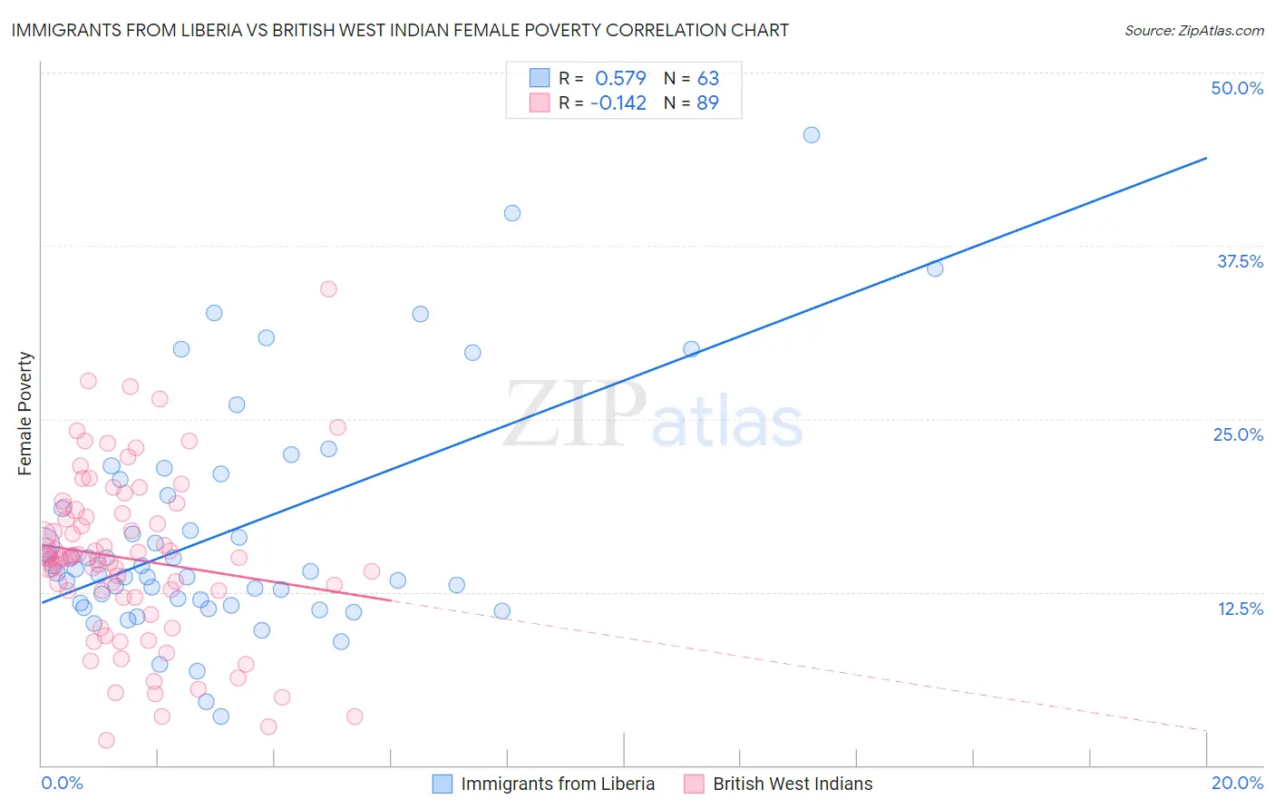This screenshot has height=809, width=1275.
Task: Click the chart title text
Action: pyautogui.click(x=400, y=30)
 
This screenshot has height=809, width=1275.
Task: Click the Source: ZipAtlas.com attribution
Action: pyautogui.click(x=1193, y=30)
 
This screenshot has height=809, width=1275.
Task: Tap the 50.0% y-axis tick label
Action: pyautogui.click(x=1237, y=88)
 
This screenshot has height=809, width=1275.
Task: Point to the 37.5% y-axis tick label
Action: pyautogui.click(x=1240, y=261)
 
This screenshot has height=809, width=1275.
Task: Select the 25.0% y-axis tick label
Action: pyautogui.click(x=1238, y=434)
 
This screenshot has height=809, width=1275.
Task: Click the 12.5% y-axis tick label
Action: pyautogui.click(x=1240, y=609)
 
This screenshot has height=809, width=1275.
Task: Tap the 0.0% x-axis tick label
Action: pyautogui.click(x=62, y=783)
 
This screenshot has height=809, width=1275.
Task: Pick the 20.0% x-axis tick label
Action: pyautogui.click(x=1237, y=783)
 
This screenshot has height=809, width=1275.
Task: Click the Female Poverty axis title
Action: pyautogui.click(x=25, y=414)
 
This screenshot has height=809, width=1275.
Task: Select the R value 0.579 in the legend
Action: pyautogui.click(x=620, y=78)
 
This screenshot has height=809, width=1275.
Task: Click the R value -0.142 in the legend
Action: pyautogui.click(x=618, y=102)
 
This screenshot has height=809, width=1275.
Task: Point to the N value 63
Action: pyautogui.click(x=707, y=78)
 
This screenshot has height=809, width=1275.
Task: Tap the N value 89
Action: pyautogui.click(x=707, y=102)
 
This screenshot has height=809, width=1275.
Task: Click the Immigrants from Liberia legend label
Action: pyautogui.click(x=558, y=784)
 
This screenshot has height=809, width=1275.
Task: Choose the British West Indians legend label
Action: pyautogui.click(x=793, y=784)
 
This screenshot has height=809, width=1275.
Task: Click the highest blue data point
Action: pyautogui.click(x=812, y=135)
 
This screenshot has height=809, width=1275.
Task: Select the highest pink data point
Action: pyautogui.click(x=328, y=289)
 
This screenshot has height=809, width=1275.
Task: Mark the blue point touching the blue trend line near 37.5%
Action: pyautogui.click(x=935, y=268)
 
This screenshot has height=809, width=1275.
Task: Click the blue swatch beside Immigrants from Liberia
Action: pyautogui.click(x=443, y=784)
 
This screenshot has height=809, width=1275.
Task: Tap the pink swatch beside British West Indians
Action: pyautogui.click(x=695, y=784)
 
